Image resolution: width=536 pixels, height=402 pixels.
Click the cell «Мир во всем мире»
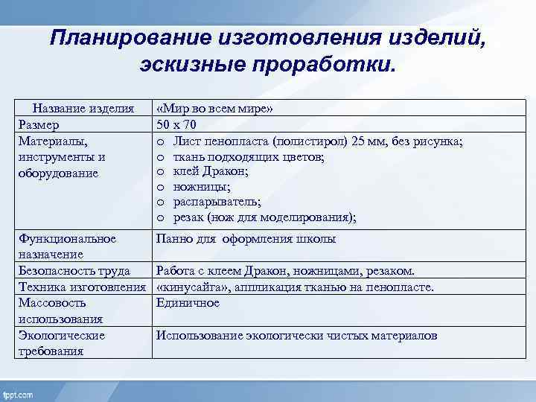click(215, 109)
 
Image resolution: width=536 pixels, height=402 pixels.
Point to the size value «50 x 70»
click(176, 124)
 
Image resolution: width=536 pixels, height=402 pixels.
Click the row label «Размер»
click(39, 124)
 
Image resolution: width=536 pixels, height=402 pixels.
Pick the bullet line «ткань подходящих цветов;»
click(238, 156)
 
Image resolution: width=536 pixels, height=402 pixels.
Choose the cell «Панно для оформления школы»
click(246, 239)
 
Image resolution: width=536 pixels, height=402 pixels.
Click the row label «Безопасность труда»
click(74, 271)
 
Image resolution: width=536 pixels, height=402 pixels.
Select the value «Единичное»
click(188, 303)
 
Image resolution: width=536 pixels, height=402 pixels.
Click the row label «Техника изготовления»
click(81, 287)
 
